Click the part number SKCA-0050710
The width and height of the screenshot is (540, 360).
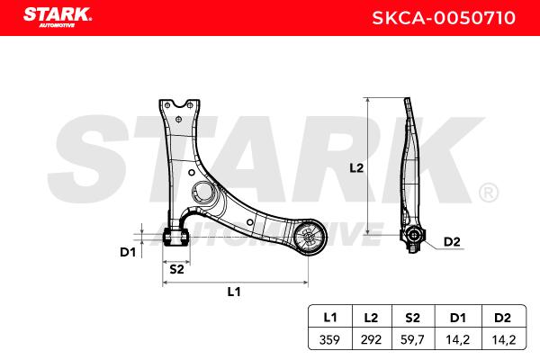(444, 18)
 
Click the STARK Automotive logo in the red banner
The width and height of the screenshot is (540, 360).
(58, 17)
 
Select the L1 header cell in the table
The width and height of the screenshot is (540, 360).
(330, 317)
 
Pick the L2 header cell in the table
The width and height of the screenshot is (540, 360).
(372, 317)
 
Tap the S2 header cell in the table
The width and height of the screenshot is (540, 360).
(413, 317)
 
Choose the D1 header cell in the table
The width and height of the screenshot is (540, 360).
(458, 317)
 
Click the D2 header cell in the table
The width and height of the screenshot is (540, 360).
(503, 317)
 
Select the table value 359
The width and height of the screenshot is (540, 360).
(329, 339)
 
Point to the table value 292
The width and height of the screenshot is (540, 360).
(371, 339)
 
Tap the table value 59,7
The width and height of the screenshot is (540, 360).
(412, 340)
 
